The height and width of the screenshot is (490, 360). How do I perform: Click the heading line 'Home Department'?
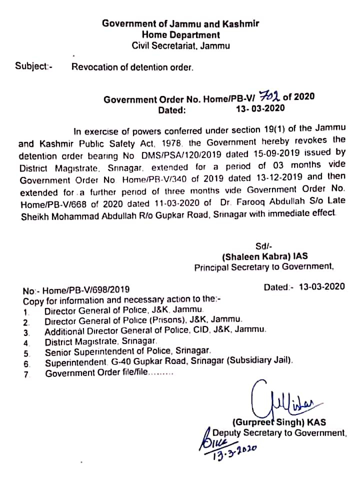(180, 35)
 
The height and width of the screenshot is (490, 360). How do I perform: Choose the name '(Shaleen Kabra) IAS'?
(264, 256)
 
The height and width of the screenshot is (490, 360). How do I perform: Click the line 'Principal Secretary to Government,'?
(263, 267)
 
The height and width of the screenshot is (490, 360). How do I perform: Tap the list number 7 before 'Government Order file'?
(26, 374)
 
